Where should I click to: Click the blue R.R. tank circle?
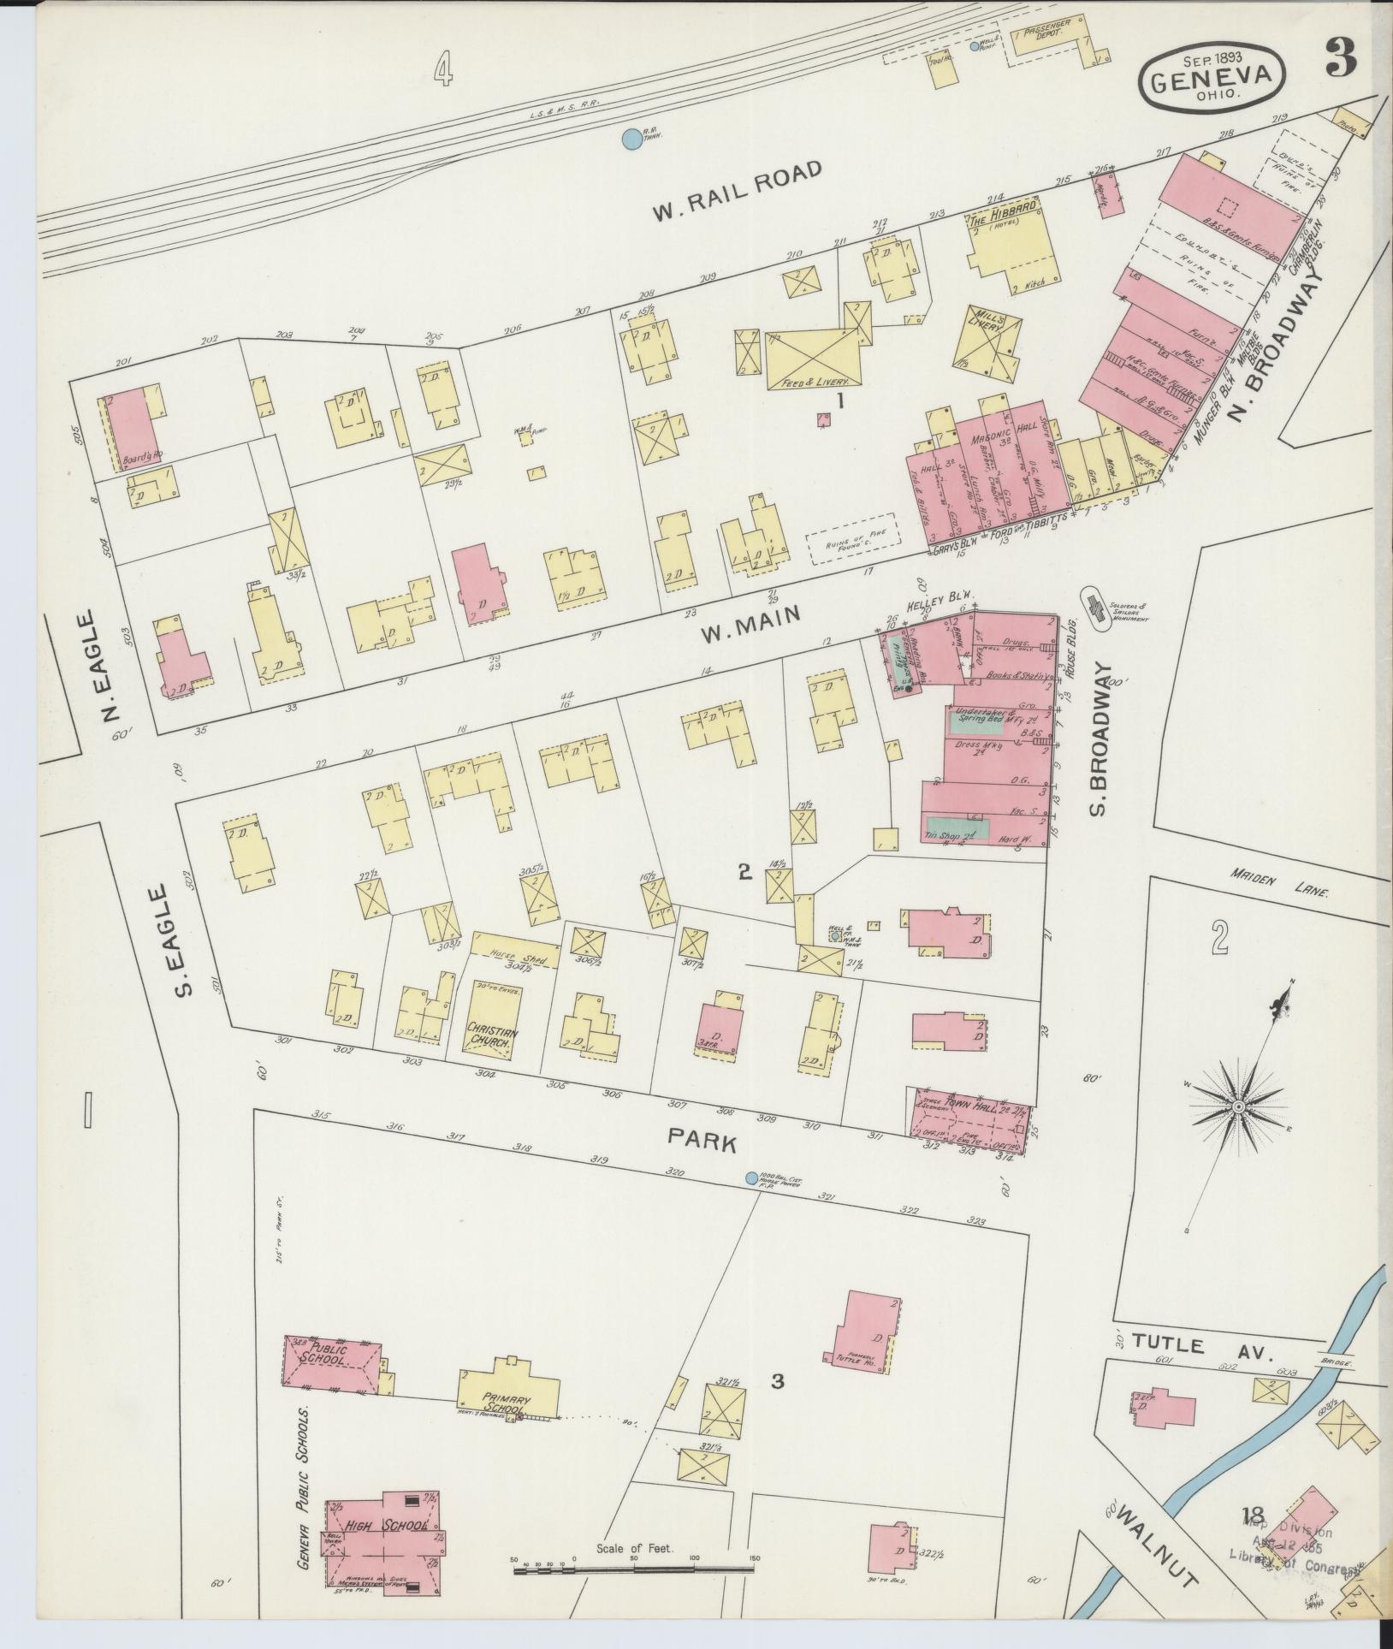tap(631, 137)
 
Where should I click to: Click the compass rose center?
tap(1237, 1107)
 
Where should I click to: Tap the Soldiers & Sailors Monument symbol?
tap(1094, 608)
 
